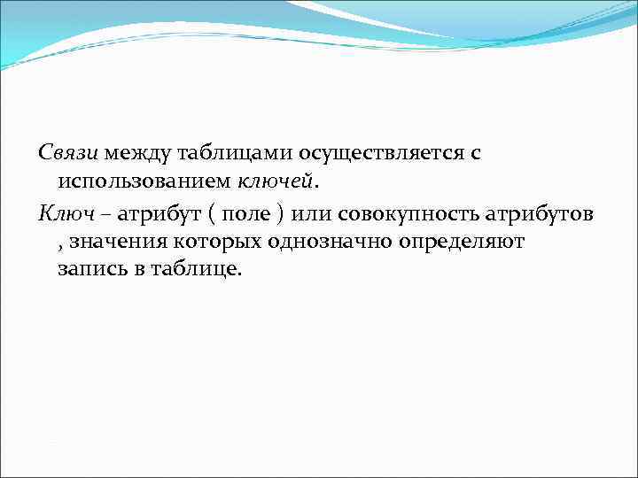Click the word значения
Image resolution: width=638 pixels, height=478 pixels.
tap(113, 243)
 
